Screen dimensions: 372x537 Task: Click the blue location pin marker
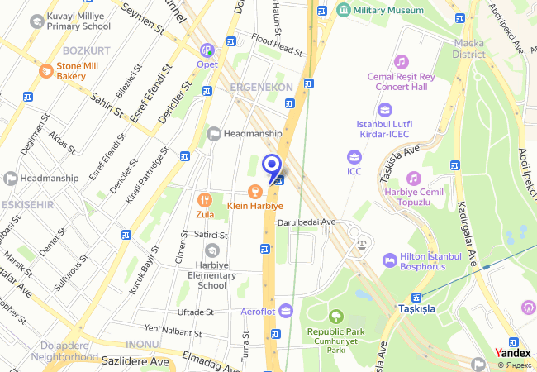(x=271, y=165)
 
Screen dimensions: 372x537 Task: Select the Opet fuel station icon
(x=207, y=50)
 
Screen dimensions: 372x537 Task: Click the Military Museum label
(x=387, y=10)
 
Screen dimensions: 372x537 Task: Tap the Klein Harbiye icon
(x=254, y=191)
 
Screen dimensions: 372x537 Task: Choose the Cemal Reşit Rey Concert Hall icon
(x=402, y=62)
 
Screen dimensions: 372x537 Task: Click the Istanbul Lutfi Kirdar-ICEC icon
(x=384, y=109)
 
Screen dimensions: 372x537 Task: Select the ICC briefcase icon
(x=354, y=157)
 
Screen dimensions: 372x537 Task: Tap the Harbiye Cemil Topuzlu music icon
(x=413, y=178)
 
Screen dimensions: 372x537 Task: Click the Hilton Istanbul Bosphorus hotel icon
(x=389, y=260)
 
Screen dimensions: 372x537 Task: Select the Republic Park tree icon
(x=336, y=315)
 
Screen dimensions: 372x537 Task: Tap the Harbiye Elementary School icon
(x=212, y=250)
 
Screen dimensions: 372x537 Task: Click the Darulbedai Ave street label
(x=306, y=222)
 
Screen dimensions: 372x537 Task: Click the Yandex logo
(x=513, y=353)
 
